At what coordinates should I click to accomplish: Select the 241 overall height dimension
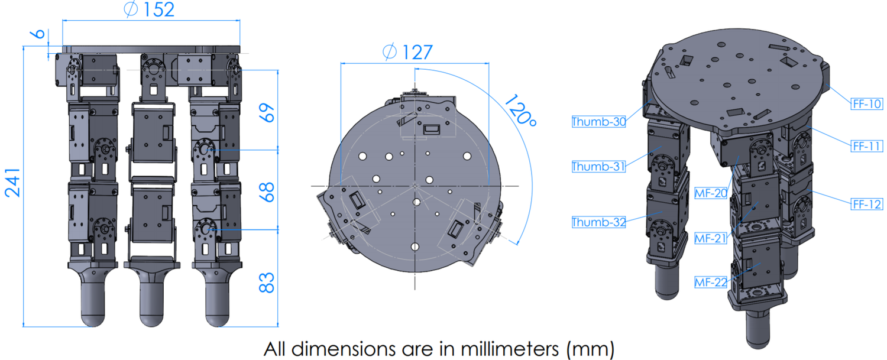(x=13, y=183)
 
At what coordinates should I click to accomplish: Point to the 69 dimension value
(x=267, y=111)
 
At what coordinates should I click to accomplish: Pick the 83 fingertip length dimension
(x=267, y=283)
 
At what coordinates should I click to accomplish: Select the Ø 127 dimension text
(x=408, y=52)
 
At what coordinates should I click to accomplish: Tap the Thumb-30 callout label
(x=598, y=122)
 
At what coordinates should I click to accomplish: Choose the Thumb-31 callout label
(x=598, y=167)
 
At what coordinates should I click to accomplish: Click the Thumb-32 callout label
(x=598, y=222)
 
